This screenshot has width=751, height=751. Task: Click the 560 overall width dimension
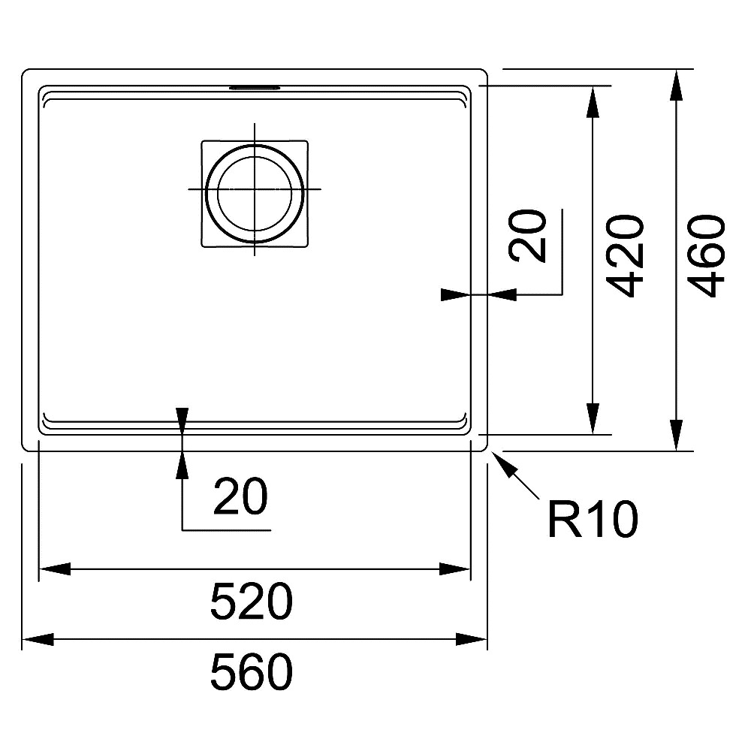[x=252, y=671]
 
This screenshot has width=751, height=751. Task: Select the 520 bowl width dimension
[x=252, y=602]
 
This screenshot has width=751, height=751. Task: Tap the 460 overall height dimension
[x=709, y=256]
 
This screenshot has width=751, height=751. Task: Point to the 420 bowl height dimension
[x=625, y=256]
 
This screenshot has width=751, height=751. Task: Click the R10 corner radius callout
[x=593, y=519]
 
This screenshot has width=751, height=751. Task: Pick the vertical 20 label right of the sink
[x=528, y=236]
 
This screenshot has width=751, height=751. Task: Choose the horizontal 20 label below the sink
[x=240, y=496]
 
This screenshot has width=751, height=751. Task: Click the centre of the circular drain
[x=255, y=190]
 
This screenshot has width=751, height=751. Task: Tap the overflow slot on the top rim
[x=255, y=88]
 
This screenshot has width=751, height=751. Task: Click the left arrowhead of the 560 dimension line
[x=38, y=639]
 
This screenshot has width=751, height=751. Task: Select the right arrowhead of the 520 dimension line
[x=455, y=569]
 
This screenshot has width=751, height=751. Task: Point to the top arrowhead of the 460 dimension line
[x=676, y=86]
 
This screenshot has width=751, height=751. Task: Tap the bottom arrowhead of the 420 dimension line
[x=593, y=418]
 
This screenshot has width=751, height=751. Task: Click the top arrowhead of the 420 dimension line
[x=593, y=102]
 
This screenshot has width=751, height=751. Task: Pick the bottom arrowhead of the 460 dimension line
[x=676, y=435]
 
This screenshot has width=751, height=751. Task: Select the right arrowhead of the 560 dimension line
[x=472, y=639]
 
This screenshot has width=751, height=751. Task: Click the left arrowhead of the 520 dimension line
[x=55, y=569]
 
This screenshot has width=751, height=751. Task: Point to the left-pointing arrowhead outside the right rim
[x=502, y=294]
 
